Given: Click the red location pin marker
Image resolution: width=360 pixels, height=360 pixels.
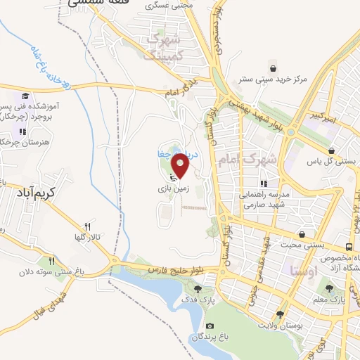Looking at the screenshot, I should click(x=181, y=166).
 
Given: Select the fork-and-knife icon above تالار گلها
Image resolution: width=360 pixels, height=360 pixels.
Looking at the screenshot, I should click(x=87, y=226).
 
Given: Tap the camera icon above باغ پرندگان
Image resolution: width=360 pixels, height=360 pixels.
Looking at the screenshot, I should click(x=210, y=326).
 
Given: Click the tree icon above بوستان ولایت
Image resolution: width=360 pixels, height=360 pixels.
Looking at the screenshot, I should click(x=280, y=315).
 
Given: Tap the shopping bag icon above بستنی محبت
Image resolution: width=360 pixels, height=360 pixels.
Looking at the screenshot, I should click(x=302, y=234).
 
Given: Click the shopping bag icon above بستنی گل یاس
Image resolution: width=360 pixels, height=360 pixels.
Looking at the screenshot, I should click(x=330, y=150).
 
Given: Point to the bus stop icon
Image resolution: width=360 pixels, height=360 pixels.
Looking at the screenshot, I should click(x=349, y=247).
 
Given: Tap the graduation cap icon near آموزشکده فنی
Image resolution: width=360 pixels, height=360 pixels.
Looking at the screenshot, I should click(x=25, y=96).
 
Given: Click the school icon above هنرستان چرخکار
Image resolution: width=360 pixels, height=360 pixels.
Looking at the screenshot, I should click(x=22, y=131).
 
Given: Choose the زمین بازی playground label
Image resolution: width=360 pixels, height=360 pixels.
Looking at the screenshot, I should click(x=172, y=189).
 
